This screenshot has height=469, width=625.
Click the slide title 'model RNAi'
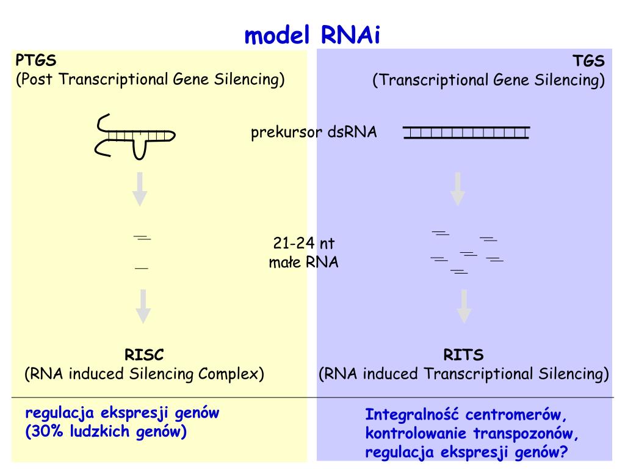pyautogui.click(x=312, y=35)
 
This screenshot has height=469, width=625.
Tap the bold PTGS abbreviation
pyautogui.click(x=36, y=60)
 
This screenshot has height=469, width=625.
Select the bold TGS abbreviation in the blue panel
pyautogui.click(x=588, y=60)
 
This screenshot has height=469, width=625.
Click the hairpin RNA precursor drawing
pyautogui.click(x=135, y=137)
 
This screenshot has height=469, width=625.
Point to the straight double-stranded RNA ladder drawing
pyautogui.click(x=466, y=133)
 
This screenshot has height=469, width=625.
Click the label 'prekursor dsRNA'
pyautogui.click(x=314, y=132)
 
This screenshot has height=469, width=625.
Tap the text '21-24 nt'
pyautogui.click(x=304, y=242)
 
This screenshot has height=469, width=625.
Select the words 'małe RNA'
pyautogui.click(x=304, y=262)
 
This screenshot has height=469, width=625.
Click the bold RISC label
pyautogui.click(x=144, y=355)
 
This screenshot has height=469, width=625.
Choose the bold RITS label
pyautogui.click(x=463, y=355)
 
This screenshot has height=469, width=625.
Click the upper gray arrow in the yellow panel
pyautogui.click(x=140, y=189)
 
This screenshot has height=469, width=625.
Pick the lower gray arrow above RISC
pyautogui.click(x=143, y=307)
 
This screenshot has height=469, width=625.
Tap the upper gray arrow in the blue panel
pyautogui.click(x=458, y=189)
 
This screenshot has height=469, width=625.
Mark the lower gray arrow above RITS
pyautogui.click(x=464, y=307)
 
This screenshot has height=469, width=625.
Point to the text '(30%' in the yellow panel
pyautogui.click(x=44, y=431)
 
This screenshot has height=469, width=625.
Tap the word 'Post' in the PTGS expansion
pyautogui.click(x=37, y=79)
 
